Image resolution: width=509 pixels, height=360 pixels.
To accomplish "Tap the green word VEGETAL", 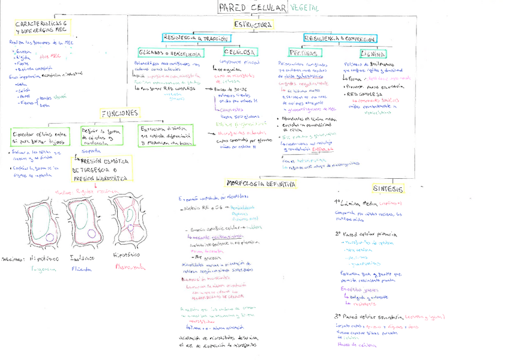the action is pyautogui.click(x=304, y=8).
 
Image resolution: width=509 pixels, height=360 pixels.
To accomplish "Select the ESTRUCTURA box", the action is pyautogui.click(x=253, y=25).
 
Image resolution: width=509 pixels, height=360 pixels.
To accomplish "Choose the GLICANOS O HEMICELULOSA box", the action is pyautogui.click(x=170, y=52).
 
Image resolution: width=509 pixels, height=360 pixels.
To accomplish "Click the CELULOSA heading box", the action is pyautogui.click(x=239, y=52).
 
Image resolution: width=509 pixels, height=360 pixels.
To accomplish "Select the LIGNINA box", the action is pyautogui.click(x=365, y=53).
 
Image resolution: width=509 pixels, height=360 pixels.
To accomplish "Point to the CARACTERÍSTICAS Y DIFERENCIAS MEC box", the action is pyautogui.click(x=41, y=26).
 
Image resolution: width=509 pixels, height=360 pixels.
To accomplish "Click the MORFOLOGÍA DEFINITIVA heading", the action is pyautogui.click(x=261, y=184).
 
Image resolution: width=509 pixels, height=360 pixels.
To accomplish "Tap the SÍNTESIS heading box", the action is pyautogui.click(x=387, y=188).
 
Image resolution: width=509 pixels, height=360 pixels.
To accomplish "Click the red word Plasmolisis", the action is pyautogui.click(x=130, y=268).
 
